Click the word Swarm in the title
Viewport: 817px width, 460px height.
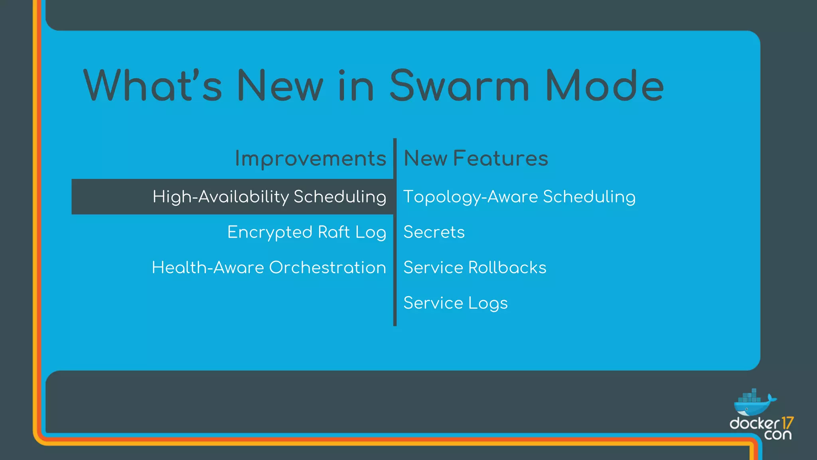(x=459, y=86)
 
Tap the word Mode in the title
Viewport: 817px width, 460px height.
(x=604, y=86)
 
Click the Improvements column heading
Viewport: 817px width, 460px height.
(x=310, y=159)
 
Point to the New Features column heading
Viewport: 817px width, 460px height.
(x=476, y=159)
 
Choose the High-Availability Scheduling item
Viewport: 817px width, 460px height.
(x=269, y=197)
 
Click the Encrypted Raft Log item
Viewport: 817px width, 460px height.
(x=306, y=232)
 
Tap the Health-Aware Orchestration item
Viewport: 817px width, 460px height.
(x=269, y=268)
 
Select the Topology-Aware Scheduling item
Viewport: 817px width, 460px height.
(x=519, y=197)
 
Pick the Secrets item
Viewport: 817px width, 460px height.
(x=434, y=232)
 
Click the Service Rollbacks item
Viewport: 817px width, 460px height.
(x=475, y=268)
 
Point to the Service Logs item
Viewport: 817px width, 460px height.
(x=455, y=303)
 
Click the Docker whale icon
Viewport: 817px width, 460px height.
(x=754, y=403)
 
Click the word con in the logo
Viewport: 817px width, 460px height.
(x=778, y=435)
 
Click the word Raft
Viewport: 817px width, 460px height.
(x=334, y=232)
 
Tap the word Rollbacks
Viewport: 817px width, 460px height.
(x=507, y=268)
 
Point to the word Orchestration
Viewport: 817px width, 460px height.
(x=328, y=268)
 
